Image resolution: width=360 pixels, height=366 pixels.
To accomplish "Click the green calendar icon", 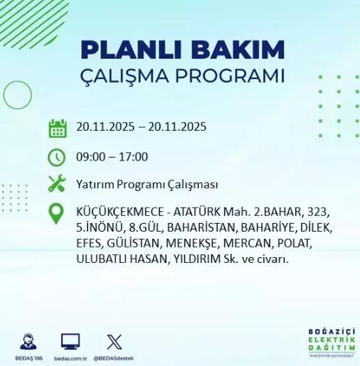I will click(57, 128).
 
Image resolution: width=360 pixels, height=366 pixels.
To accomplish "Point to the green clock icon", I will click(57, 156).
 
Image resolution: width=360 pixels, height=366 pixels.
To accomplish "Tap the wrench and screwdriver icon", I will click(57, 184).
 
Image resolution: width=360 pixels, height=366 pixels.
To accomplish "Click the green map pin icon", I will click(57, 213).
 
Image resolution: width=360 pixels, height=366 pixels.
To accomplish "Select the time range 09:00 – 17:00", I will click(112, 157).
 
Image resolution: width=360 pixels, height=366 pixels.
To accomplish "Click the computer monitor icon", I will click(70, 339).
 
